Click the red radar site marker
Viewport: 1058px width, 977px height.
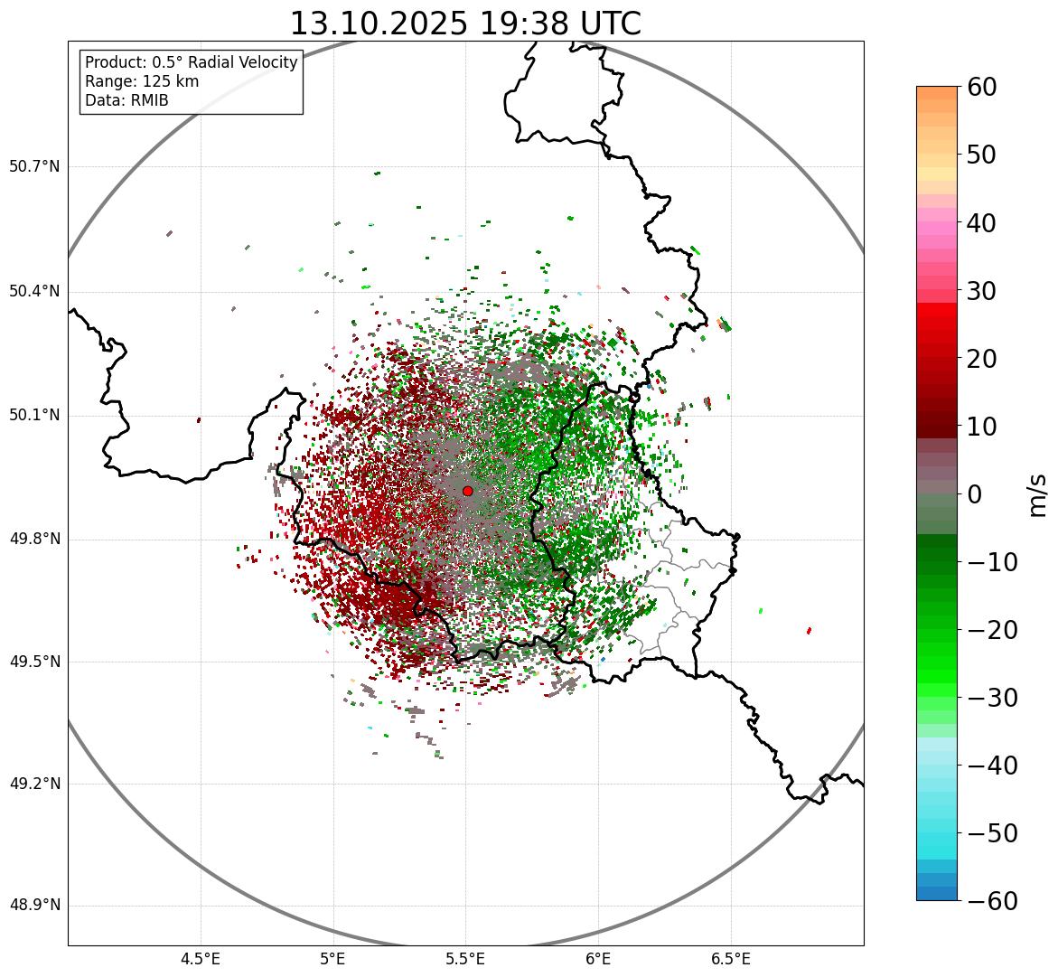467,491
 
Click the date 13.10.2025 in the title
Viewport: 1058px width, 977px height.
377,23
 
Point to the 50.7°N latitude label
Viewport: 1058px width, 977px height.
34,167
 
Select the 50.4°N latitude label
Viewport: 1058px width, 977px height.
34,292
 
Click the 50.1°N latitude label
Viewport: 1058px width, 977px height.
34,416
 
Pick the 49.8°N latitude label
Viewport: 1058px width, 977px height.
34,540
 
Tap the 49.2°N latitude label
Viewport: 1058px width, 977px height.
34,784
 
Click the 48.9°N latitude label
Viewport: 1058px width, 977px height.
34,906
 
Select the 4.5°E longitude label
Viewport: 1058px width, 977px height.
201,958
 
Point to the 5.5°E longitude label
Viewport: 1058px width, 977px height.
465,958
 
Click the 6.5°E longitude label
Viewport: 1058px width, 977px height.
730,958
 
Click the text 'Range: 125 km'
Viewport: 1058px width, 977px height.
142,81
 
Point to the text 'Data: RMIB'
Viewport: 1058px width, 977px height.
126,100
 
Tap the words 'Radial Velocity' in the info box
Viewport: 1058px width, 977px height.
246,62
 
